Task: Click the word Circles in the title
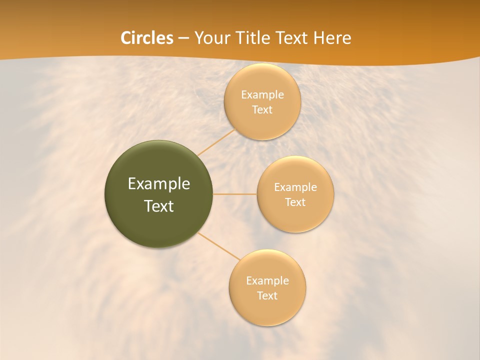pyautogui.click(x=147, y=38)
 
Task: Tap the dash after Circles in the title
pyautogui.click(x=183, y=38)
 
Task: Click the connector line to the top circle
pyautogui.click(x=216, y=141)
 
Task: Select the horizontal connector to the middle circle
pyautogui.click(x=235, y=194)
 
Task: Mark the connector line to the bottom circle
pyautogui.click(x=219, y=246)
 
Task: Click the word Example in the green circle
pyautogui.click(x=159, y=184)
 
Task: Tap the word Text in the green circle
pyautogui.click(x=159, y=206)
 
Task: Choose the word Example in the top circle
pyautogui.click(x=262, y=95)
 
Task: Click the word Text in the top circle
pyautogui.click(x=262, y=110)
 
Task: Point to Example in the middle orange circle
pyautogui.click(x=295, y=187)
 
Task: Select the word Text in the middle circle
pyautogui.click(x=295, y=202)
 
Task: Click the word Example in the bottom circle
pyautogui.click(x=267, y=281)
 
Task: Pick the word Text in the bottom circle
pyautogui.click(x=267, y=296)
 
